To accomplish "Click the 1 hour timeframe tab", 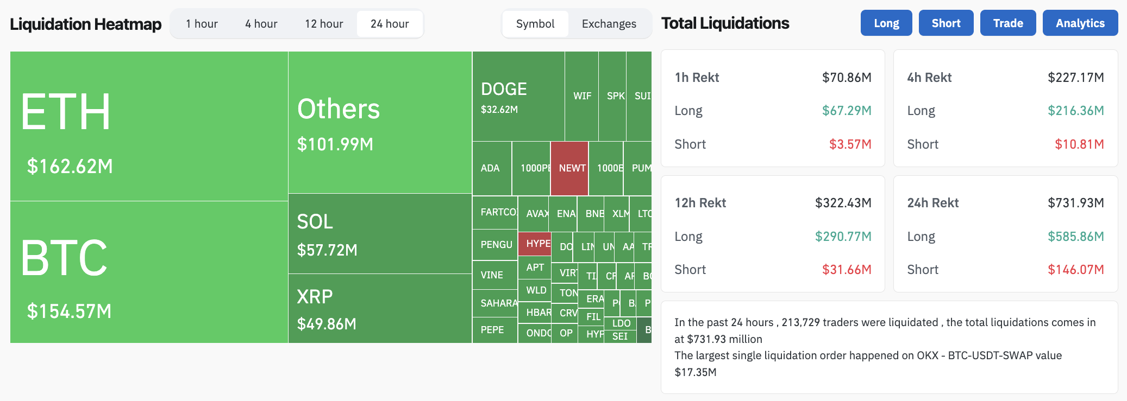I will coord(202,24).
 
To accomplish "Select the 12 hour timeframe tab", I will coord(324,24).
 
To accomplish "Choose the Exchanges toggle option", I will coord(609,24).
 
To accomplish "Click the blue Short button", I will coord(946,23).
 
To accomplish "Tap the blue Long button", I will coord(886,23).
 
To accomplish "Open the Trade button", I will coord(1007,23).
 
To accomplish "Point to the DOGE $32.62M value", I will coord(499,110).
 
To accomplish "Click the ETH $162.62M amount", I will coord(70,166).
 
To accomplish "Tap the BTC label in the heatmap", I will coord(64,258).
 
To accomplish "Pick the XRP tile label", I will coord(315,297).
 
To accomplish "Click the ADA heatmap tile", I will coord(490,168).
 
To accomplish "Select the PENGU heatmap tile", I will coord(496,245).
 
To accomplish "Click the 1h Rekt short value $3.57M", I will coord(850,144).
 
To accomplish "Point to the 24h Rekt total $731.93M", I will coord(1075,203).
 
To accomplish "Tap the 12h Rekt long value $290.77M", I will coord(843,237).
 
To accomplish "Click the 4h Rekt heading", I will coord(929,78).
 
